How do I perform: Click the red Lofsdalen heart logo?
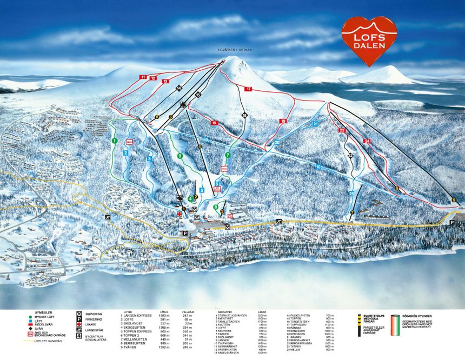[369, 41]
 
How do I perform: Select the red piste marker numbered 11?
[143, 77]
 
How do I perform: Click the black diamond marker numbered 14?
[178, 88]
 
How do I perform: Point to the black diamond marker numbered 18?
[245, 115]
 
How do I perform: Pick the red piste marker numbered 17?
[248, 88]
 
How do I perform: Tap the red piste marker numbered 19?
[282, 121]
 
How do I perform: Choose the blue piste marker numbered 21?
[315, 124]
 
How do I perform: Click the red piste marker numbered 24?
[367, 141]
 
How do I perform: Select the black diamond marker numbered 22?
[350, 156]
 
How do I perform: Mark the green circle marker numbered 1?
[115, 141]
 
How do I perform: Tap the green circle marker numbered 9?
[180, 156]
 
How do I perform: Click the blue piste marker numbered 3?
[149, 159]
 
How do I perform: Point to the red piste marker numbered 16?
[214, 123]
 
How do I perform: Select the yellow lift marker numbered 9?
[454, 200]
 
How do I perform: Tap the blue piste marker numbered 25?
[351, 194]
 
